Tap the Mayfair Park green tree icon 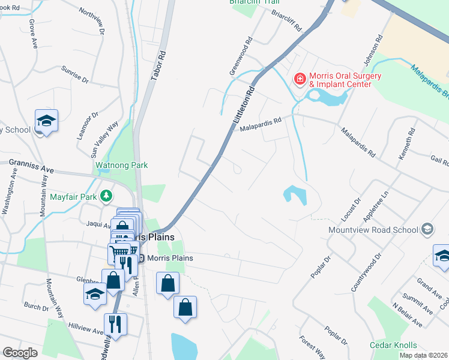106,195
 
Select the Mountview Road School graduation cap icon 427,229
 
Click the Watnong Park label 121,165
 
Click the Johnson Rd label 372,52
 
